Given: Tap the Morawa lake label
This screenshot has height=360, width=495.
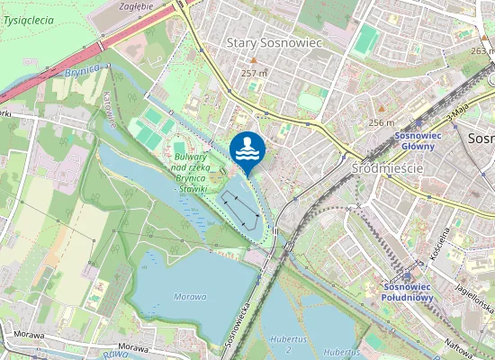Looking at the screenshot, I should pyautogui.click(x=190, y=296).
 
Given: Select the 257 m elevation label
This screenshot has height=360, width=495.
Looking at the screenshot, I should pyautogui.click(x=255, y=73).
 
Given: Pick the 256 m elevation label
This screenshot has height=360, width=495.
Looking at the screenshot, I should pyautogui.click(x=382, y=122).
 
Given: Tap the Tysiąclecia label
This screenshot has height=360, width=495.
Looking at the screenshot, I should pyautogui.click(x=28, y=19).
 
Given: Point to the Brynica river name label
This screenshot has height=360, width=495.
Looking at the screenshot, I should pyautogui.click(x=81, y=69).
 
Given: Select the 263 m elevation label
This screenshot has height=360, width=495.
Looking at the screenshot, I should pyautogui.click(x=482, y=51).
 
